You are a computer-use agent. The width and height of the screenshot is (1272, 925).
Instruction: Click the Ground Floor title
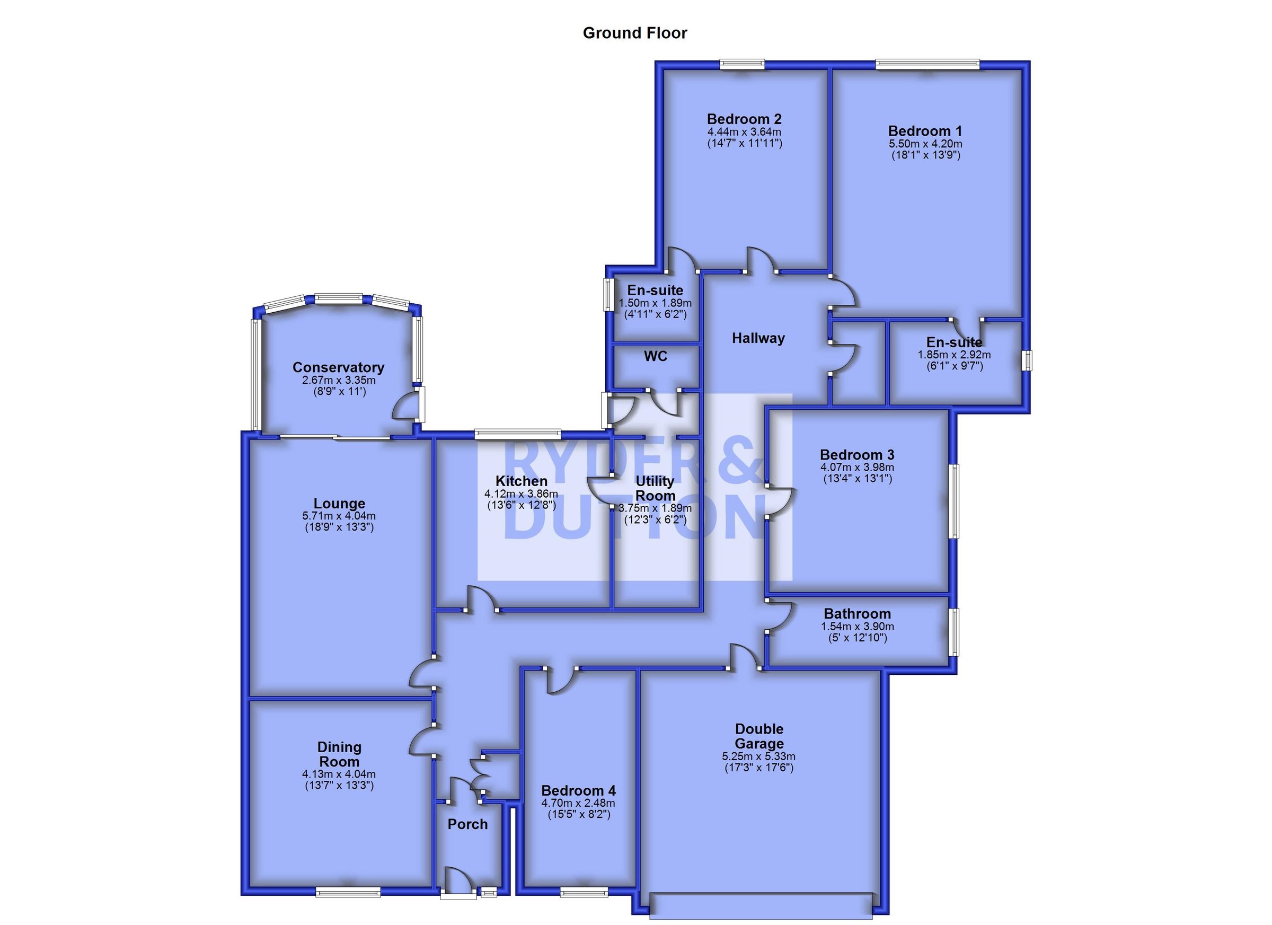(635, 33)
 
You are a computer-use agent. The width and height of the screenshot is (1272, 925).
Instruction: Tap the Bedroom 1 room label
(925, 131)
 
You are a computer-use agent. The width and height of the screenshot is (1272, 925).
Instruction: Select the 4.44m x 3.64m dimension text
(744, 132)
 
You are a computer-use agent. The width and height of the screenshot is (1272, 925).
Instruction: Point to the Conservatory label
(338, 367)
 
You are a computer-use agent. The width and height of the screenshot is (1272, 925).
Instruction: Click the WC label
(656, 356)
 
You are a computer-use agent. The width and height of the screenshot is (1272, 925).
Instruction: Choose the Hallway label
(758, 338)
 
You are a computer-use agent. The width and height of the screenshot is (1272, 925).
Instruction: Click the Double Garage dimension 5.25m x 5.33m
(759, 756)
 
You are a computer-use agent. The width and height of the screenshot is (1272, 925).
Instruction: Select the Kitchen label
(521, 481)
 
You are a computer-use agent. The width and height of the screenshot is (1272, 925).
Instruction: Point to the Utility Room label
(655, 489)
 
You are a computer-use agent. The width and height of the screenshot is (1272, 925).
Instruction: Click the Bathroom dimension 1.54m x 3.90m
(858, 627)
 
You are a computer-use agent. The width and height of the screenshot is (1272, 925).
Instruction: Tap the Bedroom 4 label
(578, 790)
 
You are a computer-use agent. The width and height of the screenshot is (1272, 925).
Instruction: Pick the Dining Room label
(339, 754)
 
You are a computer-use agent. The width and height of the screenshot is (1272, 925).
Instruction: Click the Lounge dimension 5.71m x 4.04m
(339, 516)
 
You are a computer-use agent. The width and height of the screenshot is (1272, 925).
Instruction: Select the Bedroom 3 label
(857, 455)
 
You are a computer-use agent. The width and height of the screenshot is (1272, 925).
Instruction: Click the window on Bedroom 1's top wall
(928, 65)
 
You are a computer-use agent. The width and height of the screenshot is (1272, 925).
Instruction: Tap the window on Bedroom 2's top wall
(742, 65)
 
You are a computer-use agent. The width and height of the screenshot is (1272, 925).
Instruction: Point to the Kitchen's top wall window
(518, 434)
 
